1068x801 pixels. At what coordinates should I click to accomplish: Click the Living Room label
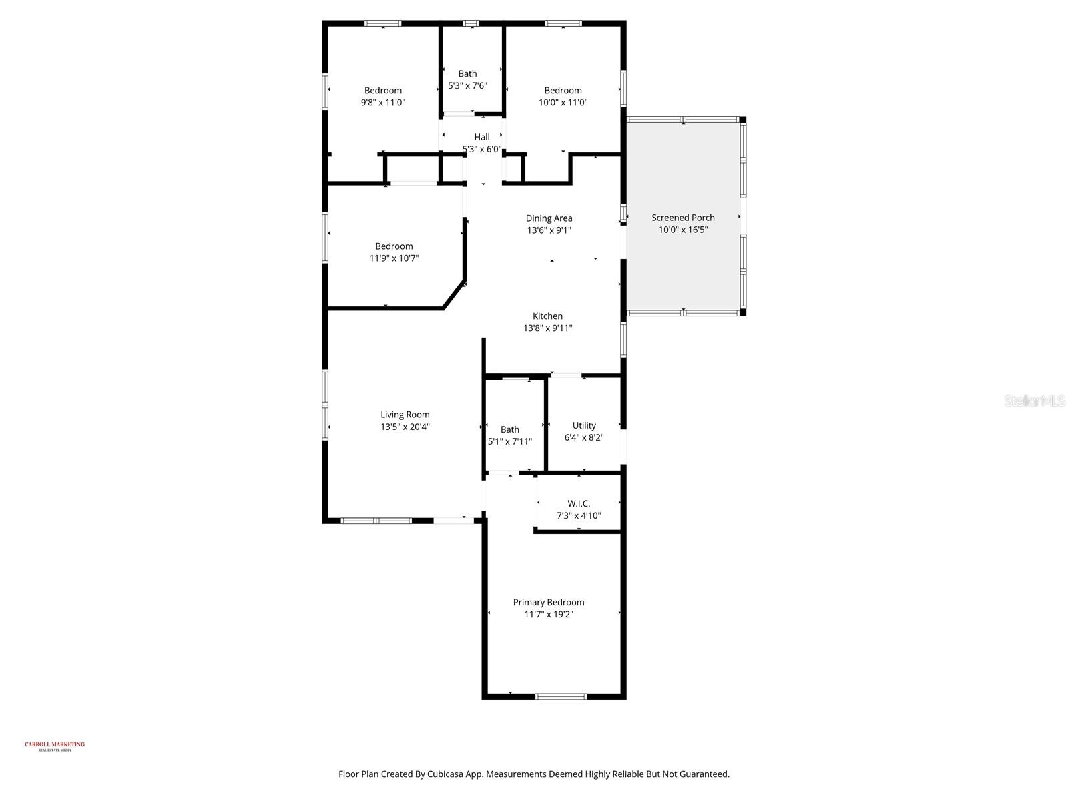click(405, 415)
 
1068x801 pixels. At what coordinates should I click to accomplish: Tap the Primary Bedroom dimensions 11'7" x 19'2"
click(549, 615)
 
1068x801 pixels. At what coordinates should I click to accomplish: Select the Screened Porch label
click(683, 218)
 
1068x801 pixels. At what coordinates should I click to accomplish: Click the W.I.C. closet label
click(579, 503)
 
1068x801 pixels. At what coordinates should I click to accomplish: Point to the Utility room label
click(584, 425)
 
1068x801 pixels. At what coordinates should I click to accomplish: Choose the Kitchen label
click(547, 316)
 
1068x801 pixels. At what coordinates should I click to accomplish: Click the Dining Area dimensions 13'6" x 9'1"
click(549, 230)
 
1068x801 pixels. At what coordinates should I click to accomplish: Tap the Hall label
click(482, 137)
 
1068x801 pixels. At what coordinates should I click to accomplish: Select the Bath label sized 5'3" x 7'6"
click(467, 74)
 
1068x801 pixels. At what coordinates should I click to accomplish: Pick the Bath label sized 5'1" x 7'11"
click(509, 429)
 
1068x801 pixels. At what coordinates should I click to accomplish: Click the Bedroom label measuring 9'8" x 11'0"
click(383, 91)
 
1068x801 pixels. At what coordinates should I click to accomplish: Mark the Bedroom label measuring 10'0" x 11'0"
click(563, 91)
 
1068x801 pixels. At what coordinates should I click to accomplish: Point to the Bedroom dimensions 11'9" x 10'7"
click(394, 258)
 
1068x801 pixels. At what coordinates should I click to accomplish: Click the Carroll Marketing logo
click(55, 746)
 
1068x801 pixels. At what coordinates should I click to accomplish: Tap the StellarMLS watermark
click(1035, 400)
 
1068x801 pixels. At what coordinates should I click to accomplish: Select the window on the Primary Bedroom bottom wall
click(561, 696)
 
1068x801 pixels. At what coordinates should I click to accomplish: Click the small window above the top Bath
click(471, 23)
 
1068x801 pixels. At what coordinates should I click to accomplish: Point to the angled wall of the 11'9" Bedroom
click(454, 296)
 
